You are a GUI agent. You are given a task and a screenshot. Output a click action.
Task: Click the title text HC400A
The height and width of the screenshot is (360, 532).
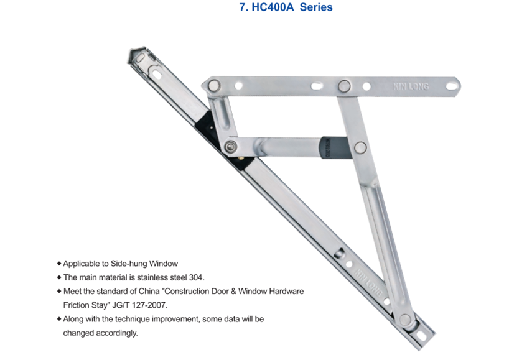click(x=273, y=7)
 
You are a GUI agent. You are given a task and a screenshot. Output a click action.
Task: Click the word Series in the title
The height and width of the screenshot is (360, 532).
click(x=316, y=7)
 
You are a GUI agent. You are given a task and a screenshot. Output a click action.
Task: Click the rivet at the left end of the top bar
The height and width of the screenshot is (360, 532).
click(x=213, y=85)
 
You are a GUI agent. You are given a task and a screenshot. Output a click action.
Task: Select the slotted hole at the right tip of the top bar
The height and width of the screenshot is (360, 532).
click(x=452, y=83)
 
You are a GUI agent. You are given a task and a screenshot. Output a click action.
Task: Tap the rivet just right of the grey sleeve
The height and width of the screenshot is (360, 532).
click(x=360, y=147)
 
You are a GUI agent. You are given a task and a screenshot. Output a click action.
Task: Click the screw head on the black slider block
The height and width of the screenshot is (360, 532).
click(x=231, y=147)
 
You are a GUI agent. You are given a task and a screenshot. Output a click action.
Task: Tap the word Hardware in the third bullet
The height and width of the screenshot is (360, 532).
click(x=286, y=291)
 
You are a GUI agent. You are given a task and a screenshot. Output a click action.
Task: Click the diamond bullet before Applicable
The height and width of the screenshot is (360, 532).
click(x=59, y=264)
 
